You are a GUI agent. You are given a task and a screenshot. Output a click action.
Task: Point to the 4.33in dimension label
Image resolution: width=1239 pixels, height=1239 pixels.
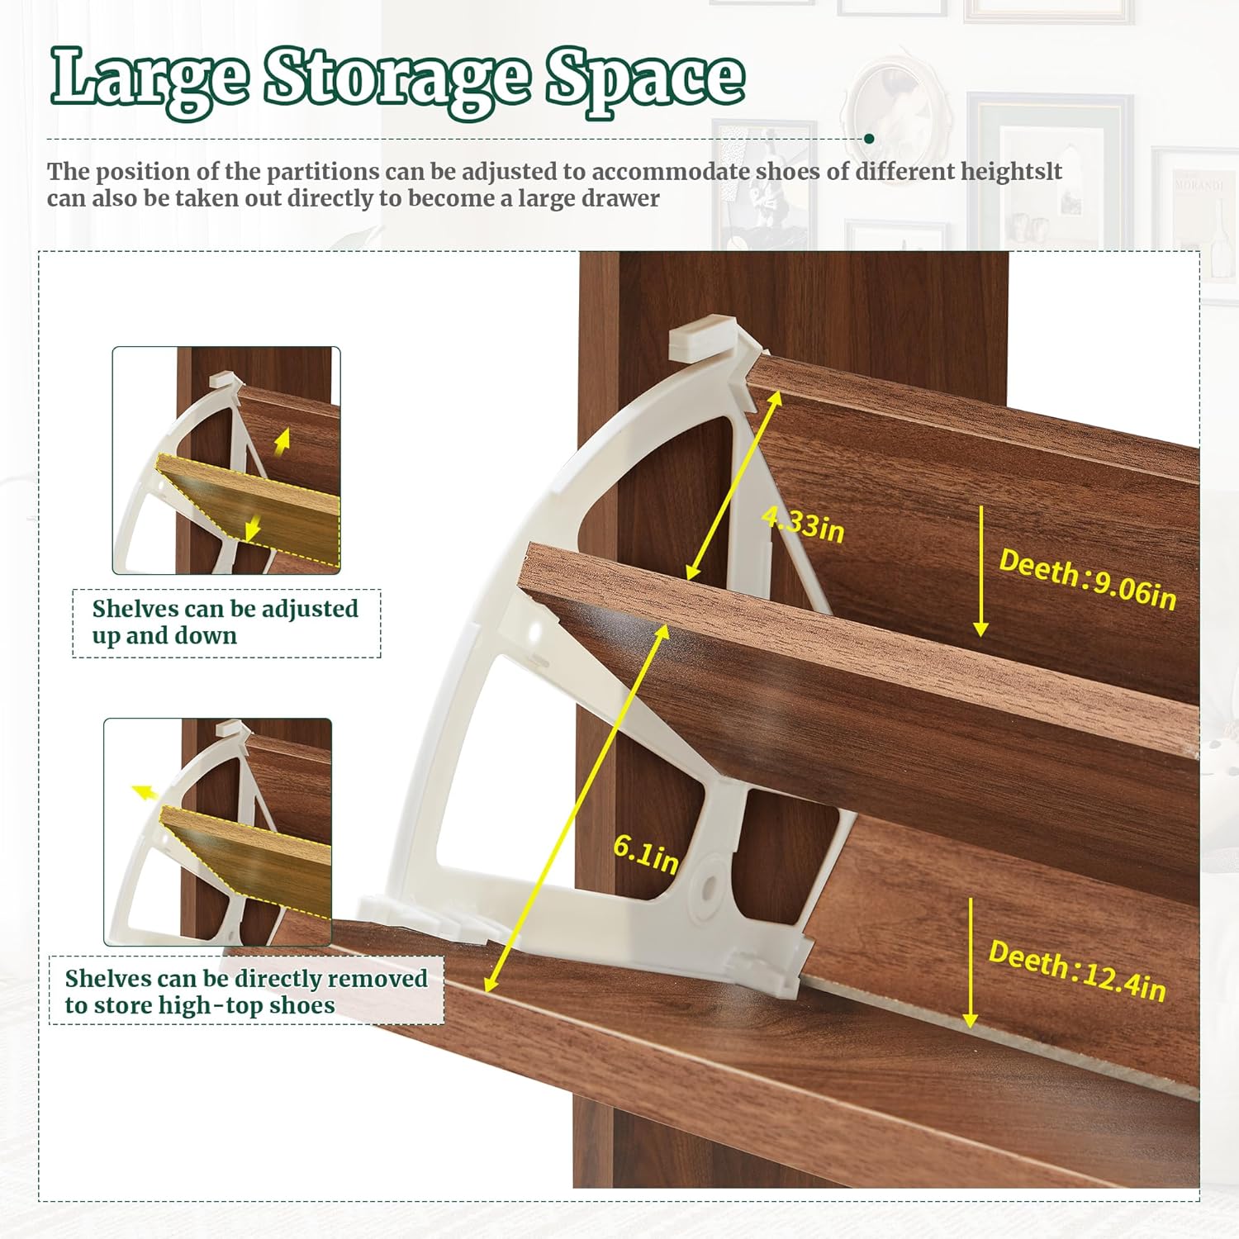[x=803, y=525]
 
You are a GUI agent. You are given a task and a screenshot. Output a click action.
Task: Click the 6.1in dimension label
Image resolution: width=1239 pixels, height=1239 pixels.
[x=645, y=853]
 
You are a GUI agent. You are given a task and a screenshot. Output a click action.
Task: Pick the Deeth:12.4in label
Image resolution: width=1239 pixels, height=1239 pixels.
[x=1077, y=971]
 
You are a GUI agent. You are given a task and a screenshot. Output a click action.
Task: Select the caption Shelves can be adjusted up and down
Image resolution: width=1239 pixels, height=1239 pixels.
[x=225, y=622]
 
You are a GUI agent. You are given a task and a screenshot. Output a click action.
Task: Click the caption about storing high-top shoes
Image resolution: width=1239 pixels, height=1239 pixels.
[x=246, y=991]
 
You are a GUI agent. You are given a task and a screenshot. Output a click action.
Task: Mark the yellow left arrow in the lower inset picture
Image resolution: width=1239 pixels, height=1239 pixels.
[x=145, y=792]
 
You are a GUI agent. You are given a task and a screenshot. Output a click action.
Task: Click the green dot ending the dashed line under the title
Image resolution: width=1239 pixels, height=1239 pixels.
[x=869, y=139]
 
